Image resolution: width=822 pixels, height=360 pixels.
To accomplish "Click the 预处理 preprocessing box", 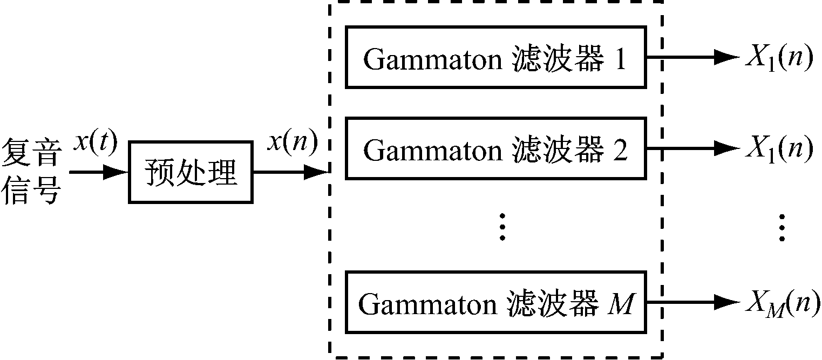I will (191, 172).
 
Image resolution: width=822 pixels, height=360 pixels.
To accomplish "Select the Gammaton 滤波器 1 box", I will (496, 57).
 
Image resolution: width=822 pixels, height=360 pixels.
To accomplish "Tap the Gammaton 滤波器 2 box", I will (496, 148).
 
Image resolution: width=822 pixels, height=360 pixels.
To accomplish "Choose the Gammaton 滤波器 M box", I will (496, 302).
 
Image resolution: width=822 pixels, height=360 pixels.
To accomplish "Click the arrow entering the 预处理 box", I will (100, 172).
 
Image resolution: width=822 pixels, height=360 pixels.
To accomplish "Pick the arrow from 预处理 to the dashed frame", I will (291, 172).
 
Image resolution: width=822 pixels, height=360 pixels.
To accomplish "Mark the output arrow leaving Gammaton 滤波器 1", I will (691, 57).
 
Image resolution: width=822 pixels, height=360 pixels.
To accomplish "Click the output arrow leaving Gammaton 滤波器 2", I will (691, 148).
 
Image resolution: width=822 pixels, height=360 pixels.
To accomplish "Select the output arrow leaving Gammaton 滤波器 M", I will (691, 302).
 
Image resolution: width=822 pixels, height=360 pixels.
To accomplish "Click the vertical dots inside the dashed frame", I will (502, 227).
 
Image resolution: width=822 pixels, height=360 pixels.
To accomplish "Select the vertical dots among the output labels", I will (781, 227).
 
